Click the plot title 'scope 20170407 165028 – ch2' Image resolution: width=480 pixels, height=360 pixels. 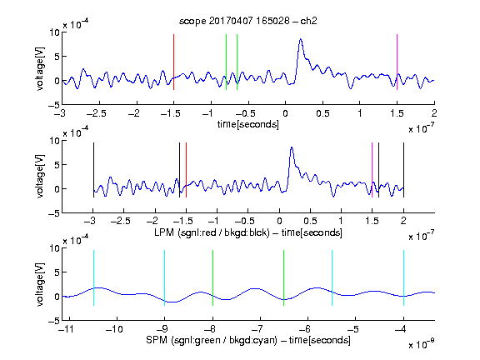click(x=248, y=21)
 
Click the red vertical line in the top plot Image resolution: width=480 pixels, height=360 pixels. click(x=173, y=62)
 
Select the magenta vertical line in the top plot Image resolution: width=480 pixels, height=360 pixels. click(x=397, y=62)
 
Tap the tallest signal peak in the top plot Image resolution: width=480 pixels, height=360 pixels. click(x=301, y=39)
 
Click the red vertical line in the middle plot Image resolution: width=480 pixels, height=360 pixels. click(x=186, y=170)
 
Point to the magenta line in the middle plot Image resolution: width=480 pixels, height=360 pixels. click(x=372, y=170)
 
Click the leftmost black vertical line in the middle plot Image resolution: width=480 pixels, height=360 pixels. click(x=93, y=170)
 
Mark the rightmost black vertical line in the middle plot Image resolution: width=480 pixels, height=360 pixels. click(x=403, y=170)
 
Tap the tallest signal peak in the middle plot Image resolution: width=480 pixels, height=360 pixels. click(x=292, y=147)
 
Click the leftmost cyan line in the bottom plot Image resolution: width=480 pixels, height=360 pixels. click(x=93, y=277)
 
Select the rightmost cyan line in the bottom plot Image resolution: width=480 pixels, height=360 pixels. click(x=403, y=277)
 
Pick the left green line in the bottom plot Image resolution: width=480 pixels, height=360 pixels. click(x=212, y=277)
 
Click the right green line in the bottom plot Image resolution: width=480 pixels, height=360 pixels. click(x=284, y=277)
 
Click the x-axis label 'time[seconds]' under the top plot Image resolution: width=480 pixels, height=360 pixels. click(x=248, y=124)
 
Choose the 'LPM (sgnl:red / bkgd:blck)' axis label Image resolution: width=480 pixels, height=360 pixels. click(x=212, y=232)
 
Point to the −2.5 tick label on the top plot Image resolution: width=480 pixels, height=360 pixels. click(x=96, y=113)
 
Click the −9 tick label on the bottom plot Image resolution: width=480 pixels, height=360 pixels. click(x=162, y=329)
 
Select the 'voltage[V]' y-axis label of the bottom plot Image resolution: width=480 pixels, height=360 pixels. click(x=40, y=284)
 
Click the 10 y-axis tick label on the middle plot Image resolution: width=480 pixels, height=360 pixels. click(x=54, y=141)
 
